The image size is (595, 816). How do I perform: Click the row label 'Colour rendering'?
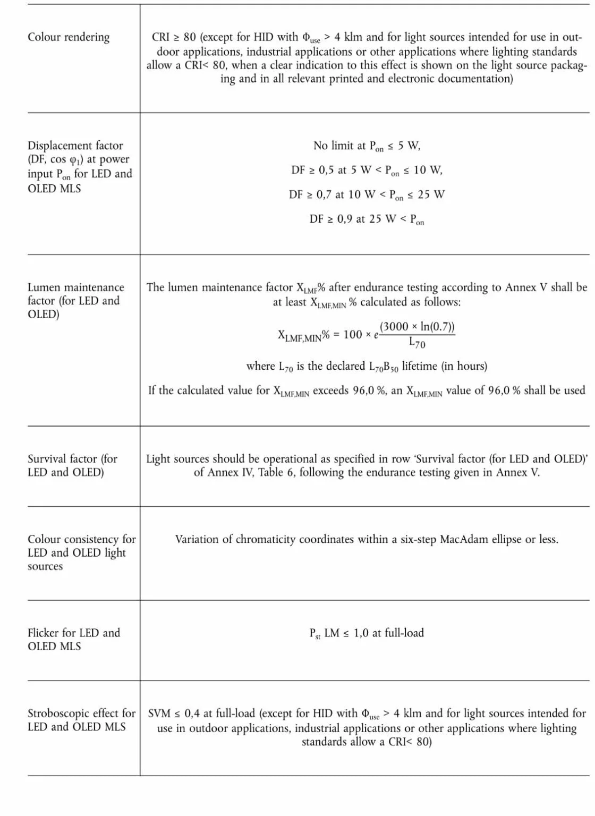tap(69, 37)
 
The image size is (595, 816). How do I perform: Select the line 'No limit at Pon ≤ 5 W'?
tap(367, 146)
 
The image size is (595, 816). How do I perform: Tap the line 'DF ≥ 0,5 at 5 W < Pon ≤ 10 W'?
tap(367, 171)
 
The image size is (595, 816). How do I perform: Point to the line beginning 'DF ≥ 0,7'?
tap(367, 195)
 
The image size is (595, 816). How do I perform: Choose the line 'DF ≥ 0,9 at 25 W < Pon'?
tap(367, 219)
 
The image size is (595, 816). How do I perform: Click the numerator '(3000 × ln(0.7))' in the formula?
tap(417, 326)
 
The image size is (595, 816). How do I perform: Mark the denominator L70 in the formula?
tap(417, 343)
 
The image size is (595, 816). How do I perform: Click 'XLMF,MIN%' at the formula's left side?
tap(303, 335)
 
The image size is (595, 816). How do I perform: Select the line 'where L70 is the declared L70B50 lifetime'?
tap(367, 367)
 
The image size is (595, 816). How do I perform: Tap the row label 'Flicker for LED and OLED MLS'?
tap(73, 639)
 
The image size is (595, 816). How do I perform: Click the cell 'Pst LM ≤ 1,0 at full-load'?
tap(367, 633)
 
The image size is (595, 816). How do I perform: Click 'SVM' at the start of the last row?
tap(159, 713)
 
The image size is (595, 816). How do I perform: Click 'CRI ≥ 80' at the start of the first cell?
tap(174, 37)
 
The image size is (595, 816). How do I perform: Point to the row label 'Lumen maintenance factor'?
tap(75, 294)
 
